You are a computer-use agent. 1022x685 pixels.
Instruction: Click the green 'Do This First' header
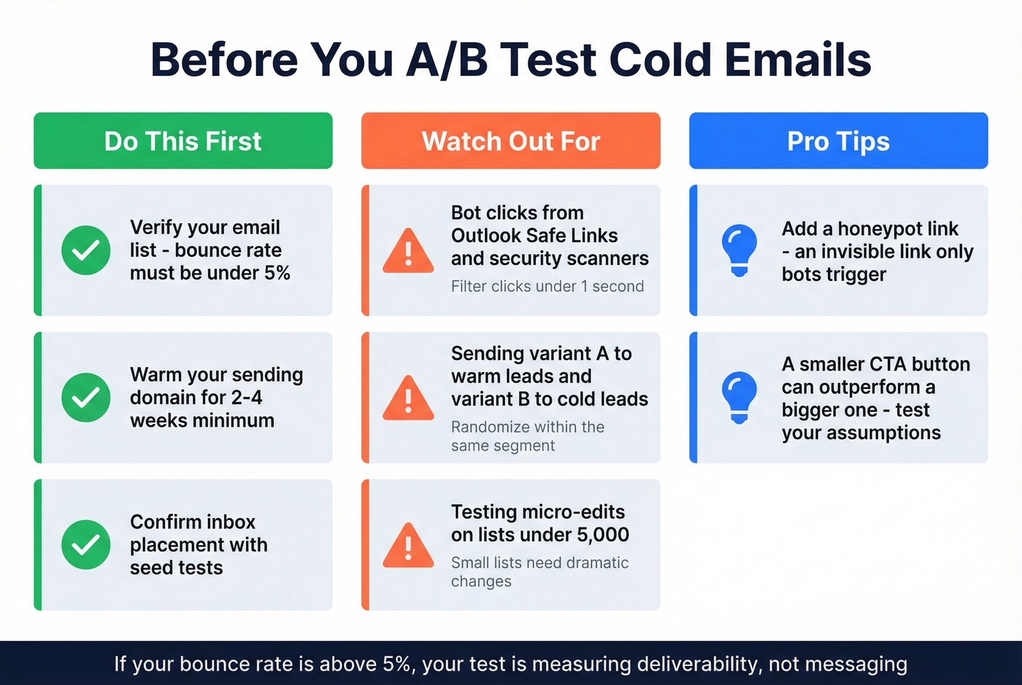click(x=182, y=141)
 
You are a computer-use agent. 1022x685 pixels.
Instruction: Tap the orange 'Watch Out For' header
click(x=510, y=141)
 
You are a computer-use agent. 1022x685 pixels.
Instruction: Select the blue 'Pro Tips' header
click(x=838, y=141)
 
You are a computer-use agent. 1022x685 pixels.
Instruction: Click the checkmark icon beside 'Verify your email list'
click(x=86, y=250)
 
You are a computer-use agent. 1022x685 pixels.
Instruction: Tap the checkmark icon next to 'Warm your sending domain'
click(x=86, y=398)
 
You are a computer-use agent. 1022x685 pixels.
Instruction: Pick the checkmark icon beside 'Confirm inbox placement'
click(x=86, y=544)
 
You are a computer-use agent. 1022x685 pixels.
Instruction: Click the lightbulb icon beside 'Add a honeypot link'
click(x=739, y=250)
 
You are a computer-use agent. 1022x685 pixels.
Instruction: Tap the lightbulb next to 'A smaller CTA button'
click(x=739, y=398)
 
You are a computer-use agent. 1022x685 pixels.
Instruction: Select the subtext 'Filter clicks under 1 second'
click(x=547, y=287)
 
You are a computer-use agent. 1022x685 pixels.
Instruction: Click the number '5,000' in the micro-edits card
click(x=602, y=535)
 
